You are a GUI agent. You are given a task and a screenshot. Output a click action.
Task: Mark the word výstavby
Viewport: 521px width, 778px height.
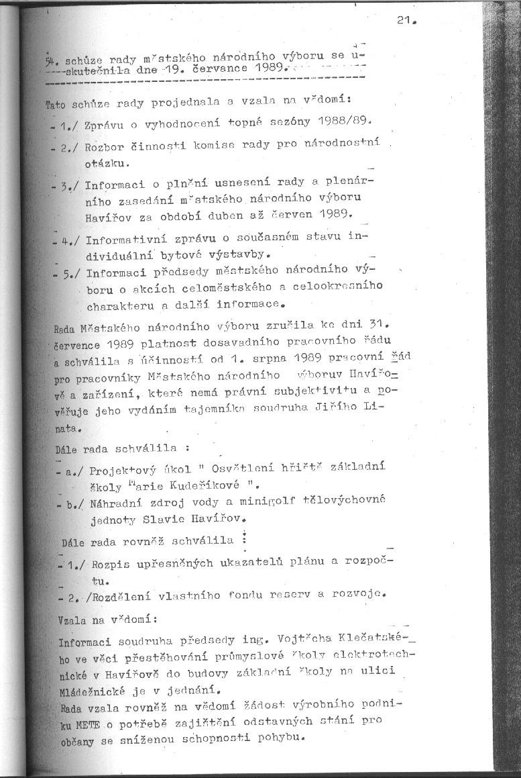click(231, 255)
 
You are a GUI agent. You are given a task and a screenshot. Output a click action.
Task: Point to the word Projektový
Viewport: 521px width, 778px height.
click(121, 469)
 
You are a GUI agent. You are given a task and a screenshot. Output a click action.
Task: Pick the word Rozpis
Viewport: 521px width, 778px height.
click(105, 561)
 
